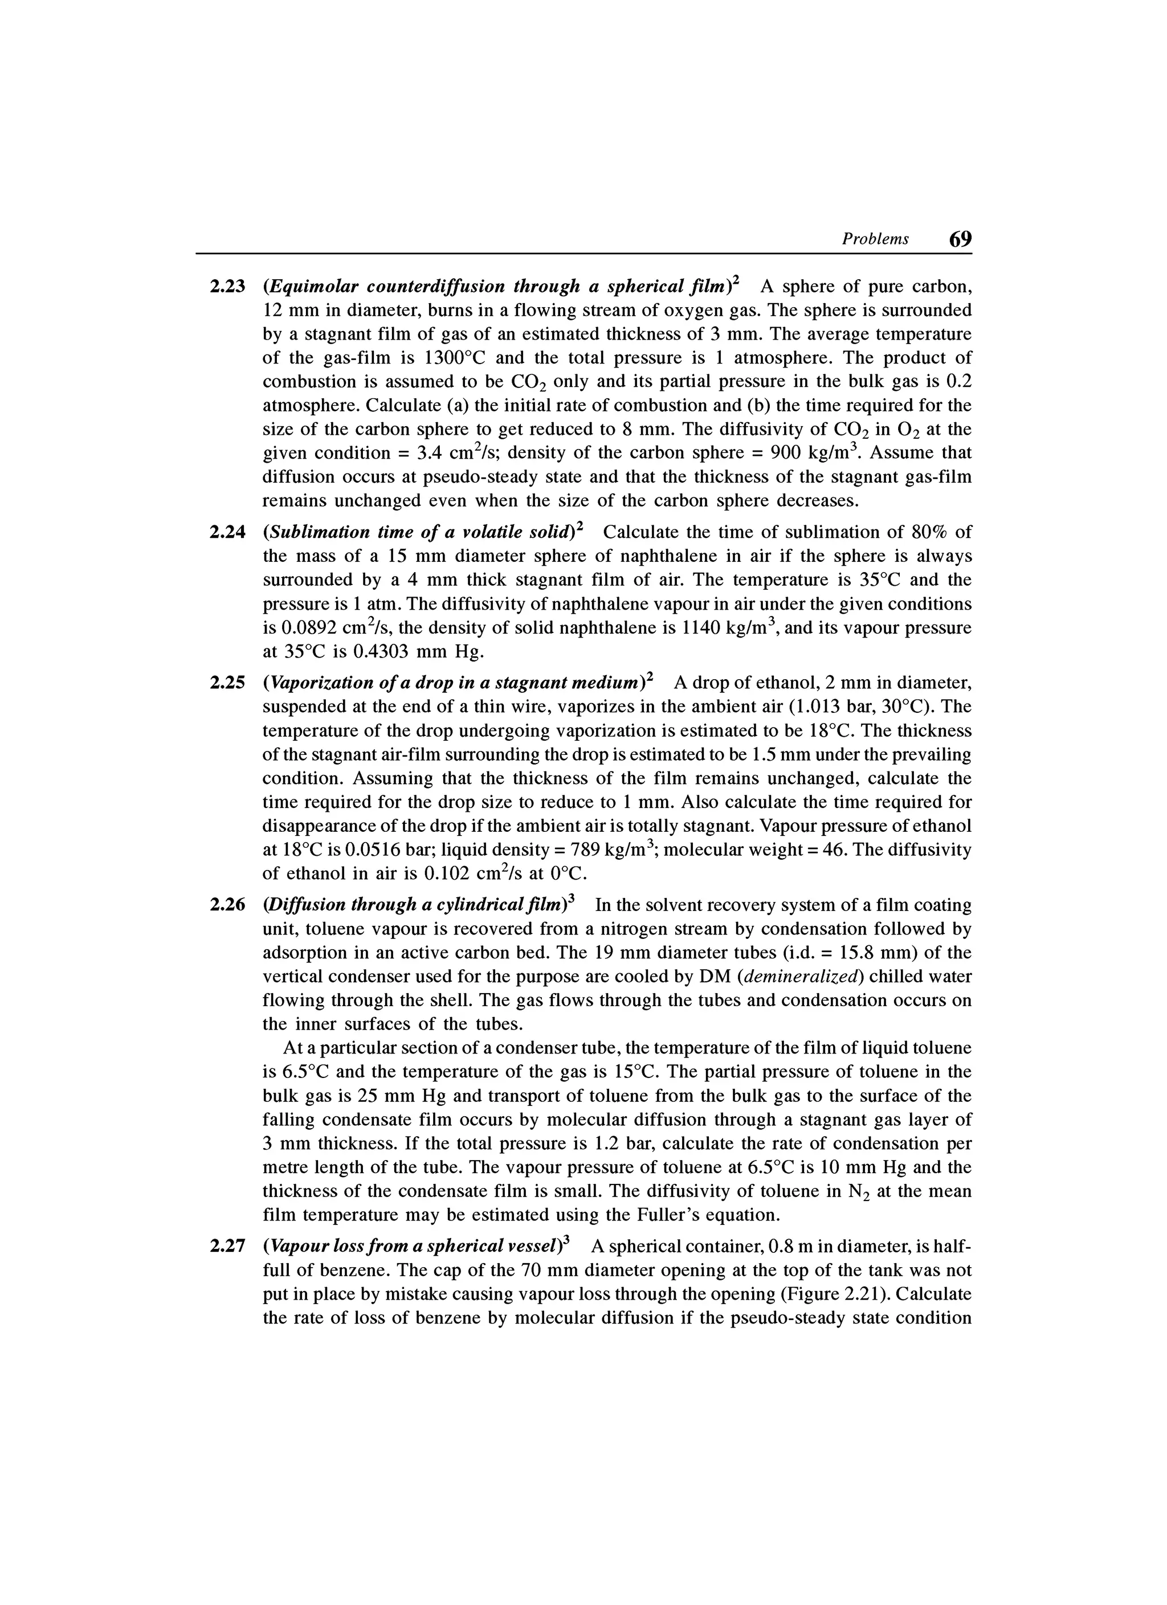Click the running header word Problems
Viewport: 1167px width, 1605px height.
pyautogui.click(x=875, y=239)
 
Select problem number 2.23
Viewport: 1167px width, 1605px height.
pyautogui.click(x=227, y=287)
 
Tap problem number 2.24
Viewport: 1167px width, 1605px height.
pyautogui.click(x=227, y=532)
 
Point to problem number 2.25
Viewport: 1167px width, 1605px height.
pyautogui.click(x=227, y=683)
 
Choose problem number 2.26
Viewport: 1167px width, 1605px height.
pyautogui.click(x=227, y=905)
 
